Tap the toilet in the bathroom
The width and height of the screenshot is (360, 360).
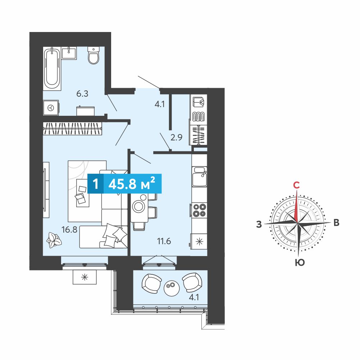point(94,55)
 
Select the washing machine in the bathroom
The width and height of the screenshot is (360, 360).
point(51,108)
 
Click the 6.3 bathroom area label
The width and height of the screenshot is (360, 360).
point(82,94)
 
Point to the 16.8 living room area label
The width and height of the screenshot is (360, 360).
point(69,229)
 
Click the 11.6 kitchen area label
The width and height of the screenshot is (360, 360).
point(164,241)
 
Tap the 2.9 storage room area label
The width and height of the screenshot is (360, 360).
point(176,137)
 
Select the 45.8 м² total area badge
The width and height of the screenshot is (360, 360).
point(124,184)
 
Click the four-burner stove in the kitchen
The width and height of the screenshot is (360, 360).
point(199,210)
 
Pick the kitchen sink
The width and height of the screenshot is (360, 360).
point(200,177)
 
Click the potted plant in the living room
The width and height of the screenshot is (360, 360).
point(54,240)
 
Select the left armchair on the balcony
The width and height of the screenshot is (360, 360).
point(151,283)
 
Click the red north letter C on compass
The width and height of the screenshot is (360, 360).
point(297,185)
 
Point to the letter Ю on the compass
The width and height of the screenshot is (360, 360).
point(300,262)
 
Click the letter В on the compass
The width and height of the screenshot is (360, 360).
point(336,223)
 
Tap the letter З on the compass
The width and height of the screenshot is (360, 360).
point(259,224)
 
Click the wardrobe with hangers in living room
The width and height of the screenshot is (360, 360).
point(72,129)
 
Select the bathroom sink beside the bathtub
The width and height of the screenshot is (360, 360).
point(69,53)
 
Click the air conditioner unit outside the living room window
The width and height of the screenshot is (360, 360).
point(85,277)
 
